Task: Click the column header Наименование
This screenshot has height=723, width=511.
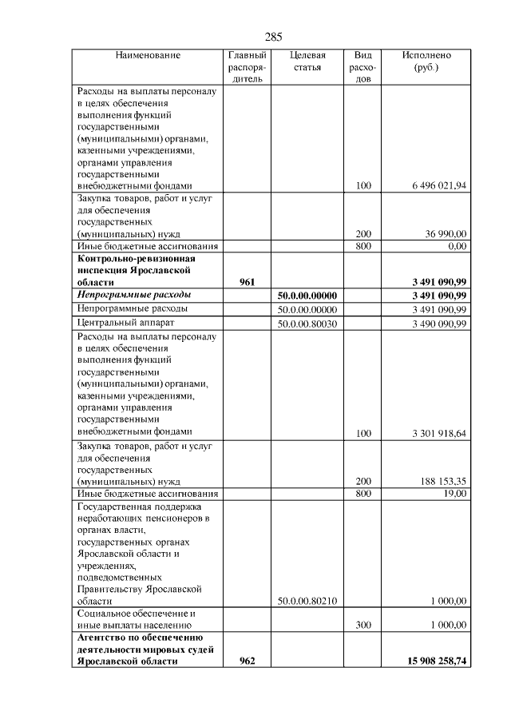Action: point(148,55)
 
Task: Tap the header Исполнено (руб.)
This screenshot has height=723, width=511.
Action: point(426,62)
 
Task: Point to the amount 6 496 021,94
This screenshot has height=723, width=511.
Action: point(439,186)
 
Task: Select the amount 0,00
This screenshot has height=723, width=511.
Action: point(457,247)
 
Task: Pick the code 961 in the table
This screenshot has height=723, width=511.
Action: point(248,282)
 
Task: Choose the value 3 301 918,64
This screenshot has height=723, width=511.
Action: point(439,433)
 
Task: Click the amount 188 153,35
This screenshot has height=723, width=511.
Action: point(444,482)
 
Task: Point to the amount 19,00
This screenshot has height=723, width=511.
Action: point(455,494)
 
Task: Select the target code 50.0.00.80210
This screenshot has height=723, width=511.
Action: point(307,601)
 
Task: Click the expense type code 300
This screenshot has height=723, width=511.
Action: point(363,625)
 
